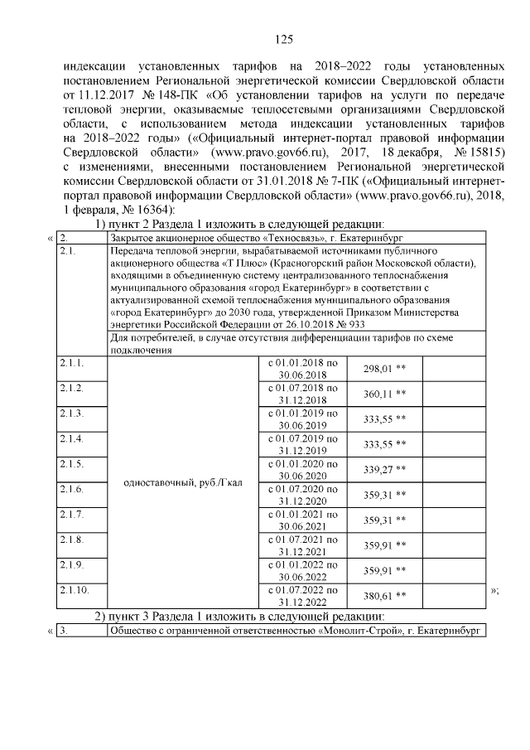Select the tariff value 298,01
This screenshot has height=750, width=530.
[377, 368]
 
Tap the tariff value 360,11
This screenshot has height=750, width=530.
[377, 393]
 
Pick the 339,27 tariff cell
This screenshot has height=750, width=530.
[377, 469]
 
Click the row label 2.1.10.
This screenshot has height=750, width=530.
[75, 590]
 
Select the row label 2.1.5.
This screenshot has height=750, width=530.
[72, 462]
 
